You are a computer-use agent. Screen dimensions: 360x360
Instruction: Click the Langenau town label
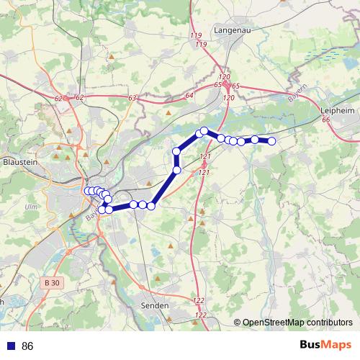point(231,30)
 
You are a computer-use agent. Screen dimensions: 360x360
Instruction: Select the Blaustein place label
point(20,163)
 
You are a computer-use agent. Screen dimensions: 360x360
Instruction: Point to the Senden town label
point(155,305)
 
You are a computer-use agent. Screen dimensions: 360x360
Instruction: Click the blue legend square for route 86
point(11,346)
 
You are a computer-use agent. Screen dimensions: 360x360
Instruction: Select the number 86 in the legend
point(28,346)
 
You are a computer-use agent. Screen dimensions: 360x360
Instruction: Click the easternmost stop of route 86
point(272,141)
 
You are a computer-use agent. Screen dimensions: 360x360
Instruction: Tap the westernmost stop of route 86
point(88,191)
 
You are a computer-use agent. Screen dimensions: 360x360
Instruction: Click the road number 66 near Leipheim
point(326,120)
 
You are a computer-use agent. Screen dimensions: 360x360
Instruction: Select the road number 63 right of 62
point(132,98)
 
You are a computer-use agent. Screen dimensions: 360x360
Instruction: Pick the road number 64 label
point(189,96)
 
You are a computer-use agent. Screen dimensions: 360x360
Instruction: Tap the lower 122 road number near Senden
point(200,315)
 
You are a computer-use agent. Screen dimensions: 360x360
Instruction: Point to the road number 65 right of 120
point(235,86)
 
